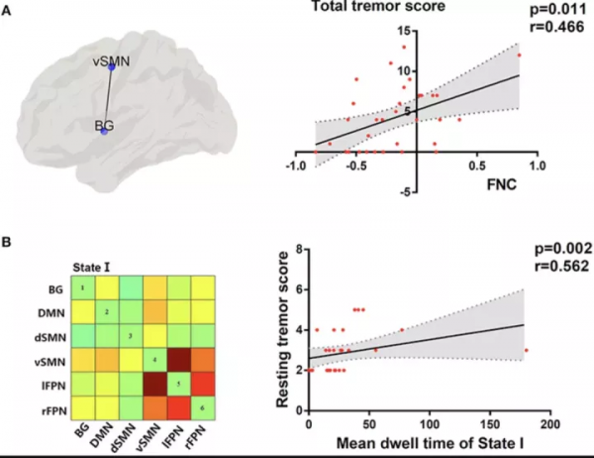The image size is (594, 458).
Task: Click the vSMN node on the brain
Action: point(112,67)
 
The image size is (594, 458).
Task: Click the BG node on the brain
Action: point(104,131)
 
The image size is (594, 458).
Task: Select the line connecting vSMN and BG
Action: point(108,99)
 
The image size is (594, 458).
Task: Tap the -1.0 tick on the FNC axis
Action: point(294,168)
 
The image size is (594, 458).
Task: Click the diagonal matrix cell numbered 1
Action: point(83,287)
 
